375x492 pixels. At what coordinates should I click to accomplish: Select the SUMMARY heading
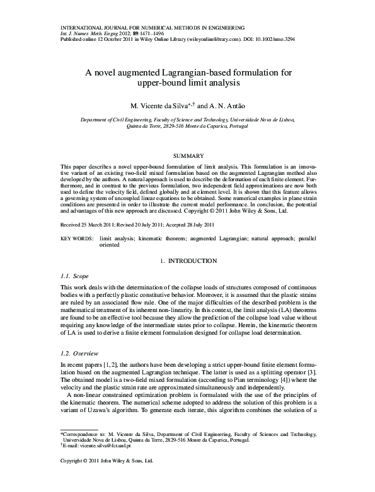point(188,155)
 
